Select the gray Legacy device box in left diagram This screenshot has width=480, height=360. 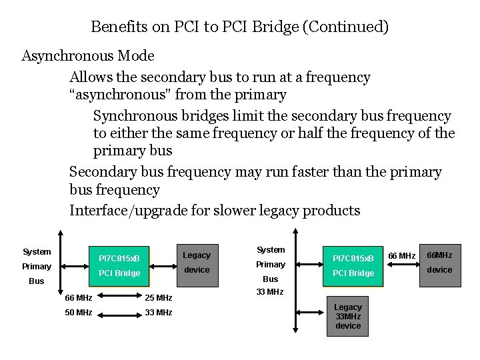click(197, 263)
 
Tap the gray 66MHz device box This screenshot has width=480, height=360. click(439, 263)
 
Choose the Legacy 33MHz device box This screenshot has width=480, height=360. click(348, 317)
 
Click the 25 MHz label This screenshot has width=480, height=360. click(159, 297)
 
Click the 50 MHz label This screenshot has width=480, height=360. click(79, 312)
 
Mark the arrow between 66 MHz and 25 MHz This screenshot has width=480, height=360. click(119, 297)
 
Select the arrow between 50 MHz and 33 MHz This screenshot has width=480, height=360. click(119, 312)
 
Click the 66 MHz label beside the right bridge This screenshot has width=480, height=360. click(401, 256)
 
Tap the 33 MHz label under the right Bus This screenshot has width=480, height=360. click(270, 291)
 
